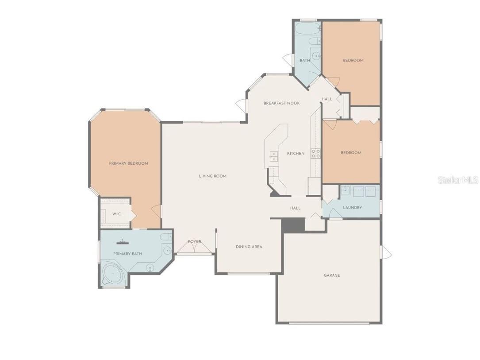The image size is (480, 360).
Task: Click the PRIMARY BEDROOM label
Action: pyautogui.click(x=128, y=163)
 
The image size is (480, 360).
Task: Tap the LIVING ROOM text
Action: pyautogui.click(x=212, y=176)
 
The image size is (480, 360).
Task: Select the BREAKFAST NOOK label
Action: pyautogui.click(x=281, y=103)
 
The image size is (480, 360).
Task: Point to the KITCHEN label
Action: pyautogui.click(x=296, y=154)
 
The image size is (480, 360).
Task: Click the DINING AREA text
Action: pyautogui.click(x=249, y=247)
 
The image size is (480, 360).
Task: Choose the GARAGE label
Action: pyautogui.click(x=332, y=275)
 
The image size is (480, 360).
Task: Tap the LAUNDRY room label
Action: pyautogui.click(x=352, y=208)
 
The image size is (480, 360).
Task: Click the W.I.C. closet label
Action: pyautogui.click(x=116, y=214)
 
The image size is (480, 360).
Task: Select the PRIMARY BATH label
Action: pyautogui.click(x=127, y=254)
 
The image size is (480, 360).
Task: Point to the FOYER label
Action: pyautogui.click(x=194, y=242)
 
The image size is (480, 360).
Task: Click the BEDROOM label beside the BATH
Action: pyautogui.click(x=353, y=60)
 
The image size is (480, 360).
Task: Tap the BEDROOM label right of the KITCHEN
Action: pyautogui.click(x=351, y=153)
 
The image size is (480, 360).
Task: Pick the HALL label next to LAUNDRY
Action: pyautogui.click(x=295, y=208)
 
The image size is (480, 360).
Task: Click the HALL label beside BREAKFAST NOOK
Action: pyautogui.click(x=327, y=99)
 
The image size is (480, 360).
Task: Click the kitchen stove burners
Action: pyautogui.click(x=315, y=154)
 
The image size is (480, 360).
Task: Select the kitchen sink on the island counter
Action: pyautogui.click(x=273, y=156)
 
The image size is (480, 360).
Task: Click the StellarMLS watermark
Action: pyautogui.click(x=458, y=180)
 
